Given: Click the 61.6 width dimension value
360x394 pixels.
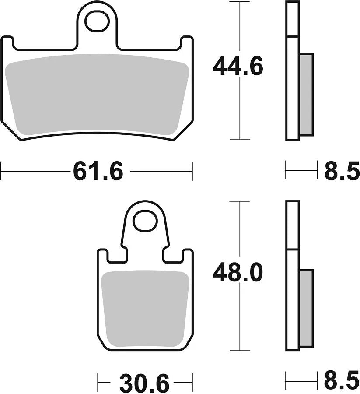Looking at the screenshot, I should [98, 171].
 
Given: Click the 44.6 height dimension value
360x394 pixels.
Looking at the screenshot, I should [238, 67].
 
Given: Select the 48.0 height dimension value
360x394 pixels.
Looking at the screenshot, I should [238, 274].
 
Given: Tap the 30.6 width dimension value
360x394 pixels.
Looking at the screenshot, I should [144, 384].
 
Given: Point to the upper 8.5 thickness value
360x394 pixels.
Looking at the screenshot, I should [341, 171].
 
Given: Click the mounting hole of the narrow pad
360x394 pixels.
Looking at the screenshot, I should [145, 222].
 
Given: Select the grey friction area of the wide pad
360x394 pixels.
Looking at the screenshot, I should [97, 94].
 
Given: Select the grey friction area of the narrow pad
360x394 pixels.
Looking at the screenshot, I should [145, 309].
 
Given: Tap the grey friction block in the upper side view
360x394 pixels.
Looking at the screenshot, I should [306, 94].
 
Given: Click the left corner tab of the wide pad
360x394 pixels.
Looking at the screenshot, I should [8, 43].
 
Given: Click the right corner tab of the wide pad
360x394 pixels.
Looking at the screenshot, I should [187, 43].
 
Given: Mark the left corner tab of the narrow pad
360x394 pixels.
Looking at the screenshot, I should [102, 256].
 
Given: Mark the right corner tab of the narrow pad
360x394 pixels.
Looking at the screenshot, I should [188, 256].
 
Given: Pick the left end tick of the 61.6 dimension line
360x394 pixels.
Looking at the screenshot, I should [2, 171].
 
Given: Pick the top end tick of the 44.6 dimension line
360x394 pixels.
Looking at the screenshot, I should [240, 2].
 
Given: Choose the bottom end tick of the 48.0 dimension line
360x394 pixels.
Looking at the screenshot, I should [240, 350].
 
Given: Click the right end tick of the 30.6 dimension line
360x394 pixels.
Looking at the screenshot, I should [192, 379].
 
